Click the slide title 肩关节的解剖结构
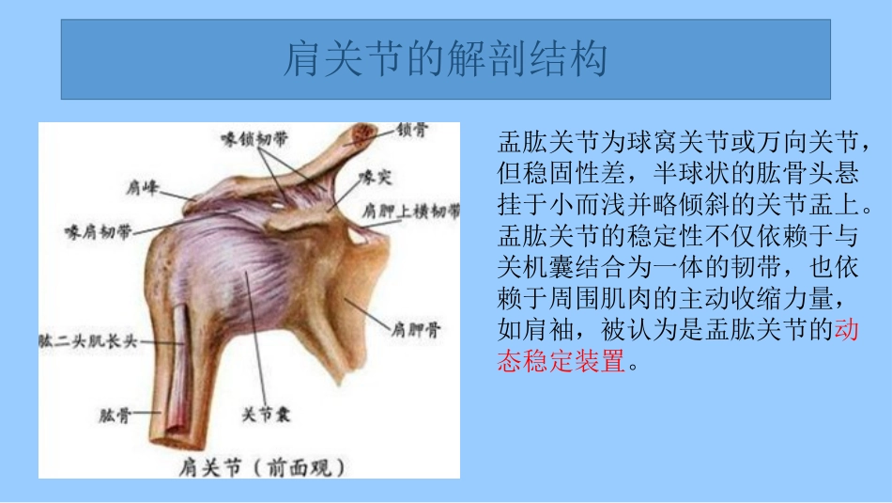tap(445, 59)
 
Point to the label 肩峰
tap(140, 188)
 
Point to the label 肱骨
tap(114, 414)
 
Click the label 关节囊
tap(266, 414)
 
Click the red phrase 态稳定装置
tap(561, 361)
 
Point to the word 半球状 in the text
tap(659, 175)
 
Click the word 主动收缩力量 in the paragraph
tap(737, 299)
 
